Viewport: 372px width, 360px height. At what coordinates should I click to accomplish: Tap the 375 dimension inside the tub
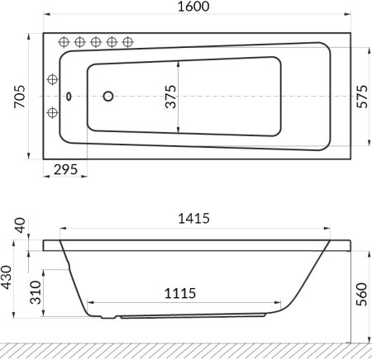(x=170, y=97)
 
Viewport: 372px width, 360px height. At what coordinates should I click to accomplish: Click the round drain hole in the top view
(x=107, y=96)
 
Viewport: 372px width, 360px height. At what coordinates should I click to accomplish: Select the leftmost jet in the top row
(x=64, y=42)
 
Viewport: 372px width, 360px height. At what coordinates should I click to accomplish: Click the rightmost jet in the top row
(x=127, y=42)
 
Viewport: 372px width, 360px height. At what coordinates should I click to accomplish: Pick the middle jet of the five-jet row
(x=96, y=42)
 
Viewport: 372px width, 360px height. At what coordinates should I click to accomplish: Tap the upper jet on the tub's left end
(x=53, y=80)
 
